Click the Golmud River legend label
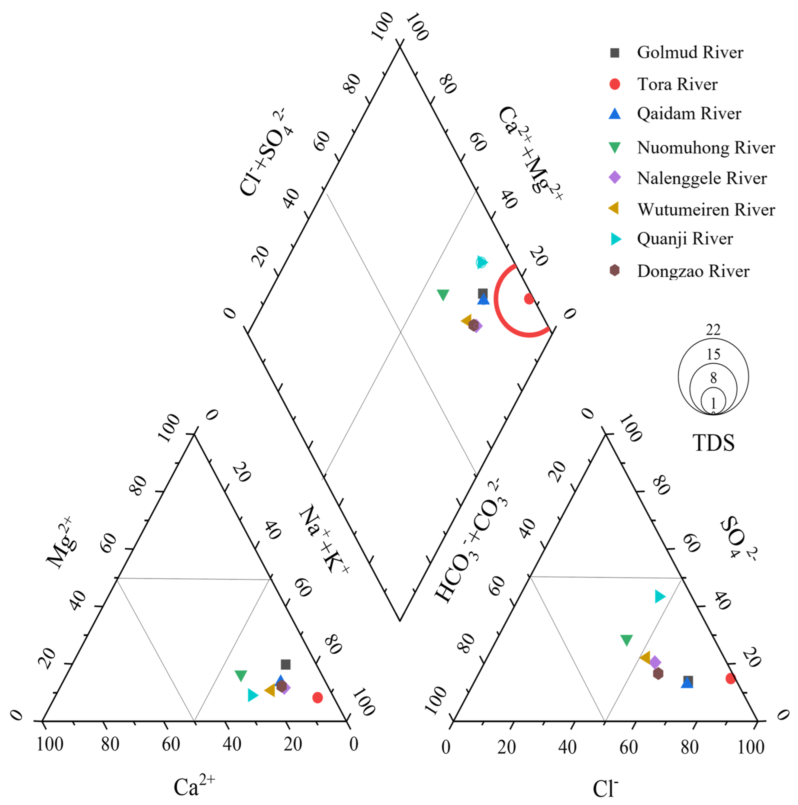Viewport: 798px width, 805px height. click(x=690, y=53)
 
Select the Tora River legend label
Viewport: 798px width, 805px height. click(x=677, y=84)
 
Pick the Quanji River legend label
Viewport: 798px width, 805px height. click(x=685, y=239)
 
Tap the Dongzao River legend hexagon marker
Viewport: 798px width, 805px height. click(x=614, y=270)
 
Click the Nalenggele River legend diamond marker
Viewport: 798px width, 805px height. click(x=615, y=178)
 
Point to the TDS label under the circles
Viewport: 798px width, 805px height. click(x=713, y=443)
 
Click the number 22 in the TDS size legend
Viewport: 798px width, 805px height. click(x=713, y=330)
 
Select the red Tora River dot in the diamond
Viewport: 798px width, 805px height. click(x=529, y=298)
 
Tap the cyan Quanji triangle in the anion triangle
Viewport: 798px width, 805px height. click(x=659, y=596)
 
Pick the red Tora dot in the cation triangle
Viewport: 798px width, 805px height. click(x=317, y=697)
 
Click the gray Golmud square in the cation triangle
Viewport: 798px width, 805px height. click(x=285, y=665)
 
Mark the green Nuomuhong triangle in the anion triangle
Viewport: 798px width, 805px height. click(x=626, y=640)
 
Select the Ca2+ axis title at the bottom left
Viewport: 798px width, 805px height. click(x=194, y=785)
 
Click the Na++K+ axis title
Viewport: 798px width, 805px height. click(x=324, y=539)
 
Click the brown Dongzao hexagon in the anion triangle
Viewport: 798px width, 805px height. click(x=658, y=673)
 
